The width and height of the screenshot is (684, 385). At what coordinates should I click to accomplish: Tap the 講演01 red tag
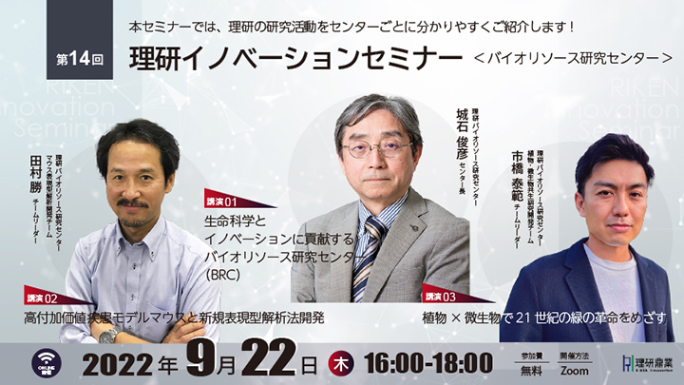pyautogui.click(x=225, y=202)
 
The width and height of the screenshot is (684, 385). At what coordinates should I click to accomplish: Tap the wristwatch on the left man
pyautogui.click(x=109, y=334)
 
